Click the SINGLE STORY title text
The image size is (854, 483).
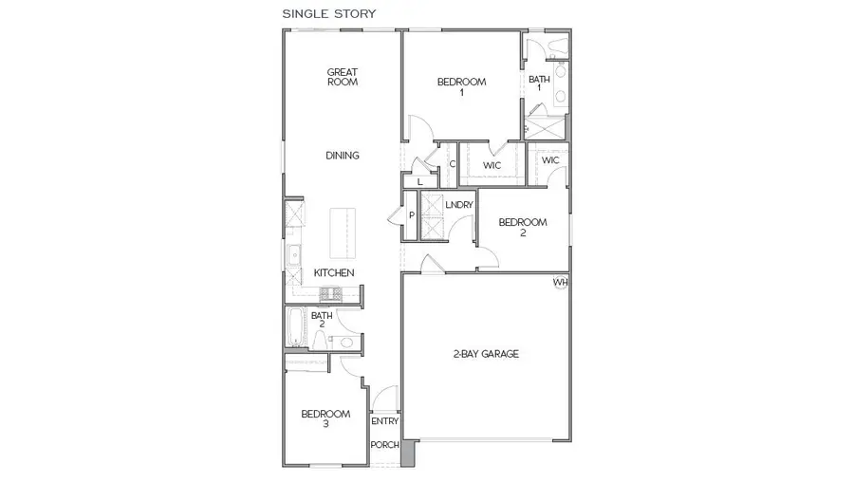tap(329, 14)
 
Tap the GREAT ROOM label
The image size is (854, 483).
tap(342, 77)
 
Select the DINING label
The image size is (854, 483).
tap(343, 156)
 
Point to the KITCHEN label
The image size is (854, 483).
tap(334, 273)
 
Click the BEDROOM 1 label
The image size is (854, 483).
tap(461, 87)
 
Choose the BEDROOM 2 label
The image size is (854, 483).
tap(523, 228)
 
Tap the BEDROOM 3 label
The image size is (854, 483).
tap(325, 418)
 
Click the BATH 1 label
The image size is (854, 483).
tap(539, 84)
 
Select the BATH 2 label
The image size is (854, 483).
tap(322, 320)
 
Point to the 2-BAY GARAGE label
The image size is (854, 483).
tap(485, 355)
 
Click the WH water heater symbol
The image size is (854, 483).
tap(561, 283)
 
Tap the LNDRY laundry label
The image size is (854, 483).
tap(458, 204)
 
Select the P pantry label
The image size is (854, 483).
tap(411, 215)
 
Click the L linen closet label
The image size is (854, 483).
tap(418, 181)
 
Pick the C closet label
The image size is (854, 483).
tap(452, 164)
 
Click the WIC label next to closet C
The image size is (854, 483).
tap(492, 165)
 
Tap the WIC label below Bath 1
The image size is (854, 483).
tap(550, 160)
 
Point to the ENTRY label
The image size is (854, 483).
tap(384, 422)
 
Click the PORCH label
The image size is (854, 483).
tap(384, 445)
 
